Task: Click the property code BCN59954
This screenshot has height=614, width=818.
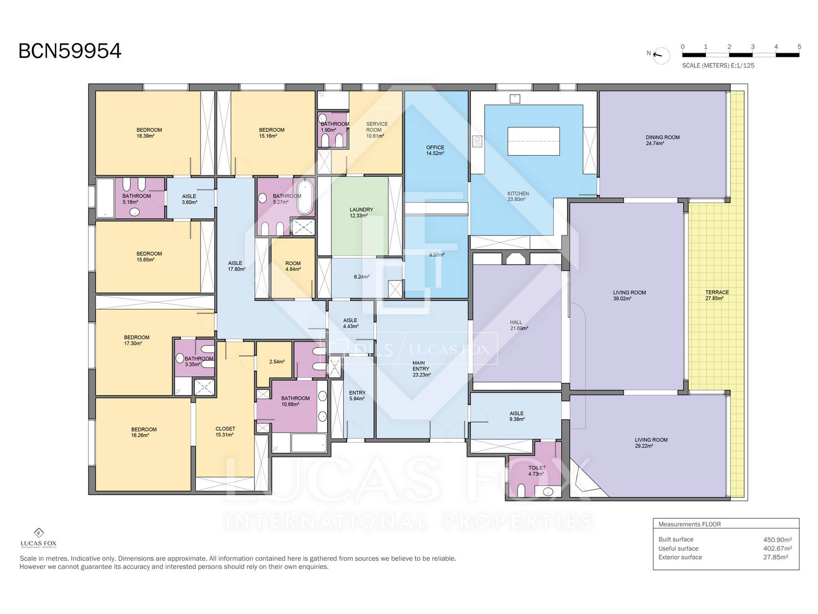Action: tap(70, 51)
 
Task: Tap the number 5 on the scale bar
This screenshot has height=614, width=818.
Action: tap(799, 47)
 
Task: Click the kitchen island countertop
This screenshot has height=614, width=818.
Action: tap(533, 141)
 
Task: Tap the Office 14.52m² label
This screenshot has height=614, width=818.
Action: tap(435, 150)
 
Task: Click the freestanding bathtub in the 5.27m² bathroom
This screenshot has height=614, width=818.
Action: tap(305, 197)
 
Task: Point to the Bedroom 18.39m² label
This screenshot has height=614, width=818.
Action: tap(149, 133)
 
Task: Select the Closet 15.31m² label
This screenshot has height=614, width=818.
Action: tap(225, 432)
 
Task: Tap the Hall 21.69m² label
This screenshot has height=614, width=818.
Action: tap(518, 325)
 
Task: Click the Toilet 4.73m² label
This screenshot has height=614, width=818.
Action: tap(537, 471)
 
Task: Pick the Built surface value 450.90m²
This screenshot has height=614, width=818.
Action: tap(778, 539)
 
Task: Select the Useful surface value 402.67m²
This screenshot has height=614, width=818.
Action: tap(778, 549)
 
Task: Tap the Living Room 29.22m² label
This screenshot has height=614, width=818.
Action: tap(651, 443)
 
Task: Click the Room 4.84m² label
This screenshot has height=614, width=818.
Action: tap(293, 266)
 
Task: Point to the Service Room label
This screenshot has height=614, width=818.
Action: tap(376, 127)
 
